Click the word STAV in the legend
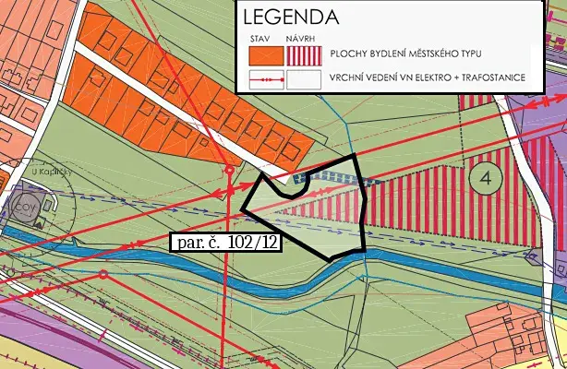(x=259, y=38)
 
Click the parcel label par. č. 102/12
(x=226, y=243)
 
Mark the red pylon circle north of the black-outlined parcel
(x=229, y=170)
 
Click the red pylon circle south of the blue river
(x=103, y=275)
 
